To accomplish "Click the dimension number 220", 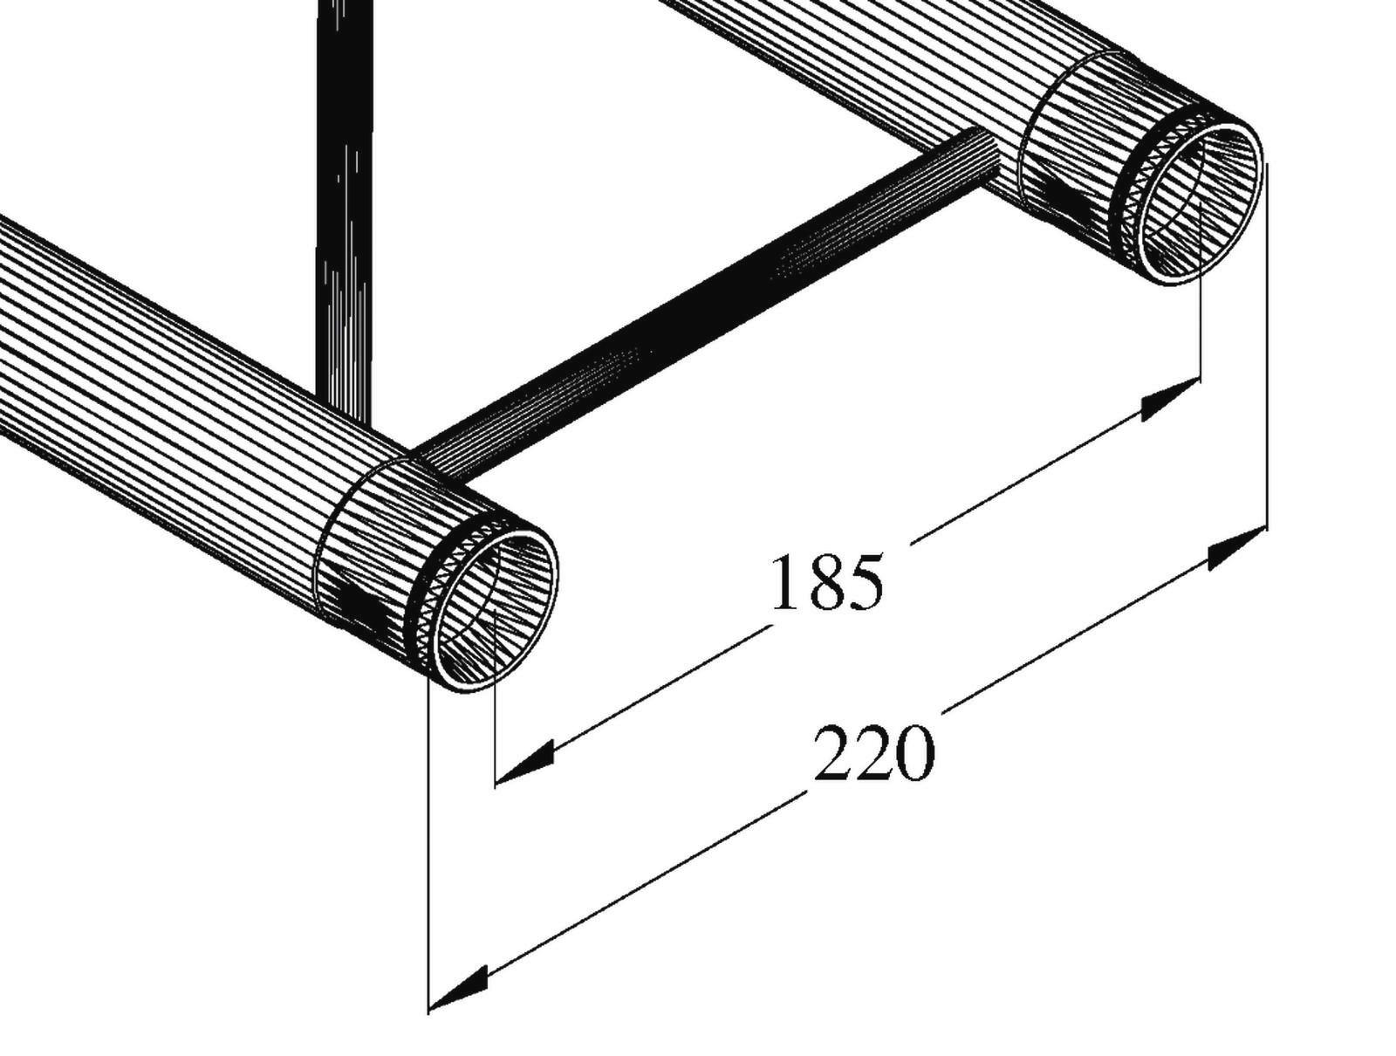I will (873, 753).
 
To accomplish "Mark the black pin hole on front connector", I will (358, 602).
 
